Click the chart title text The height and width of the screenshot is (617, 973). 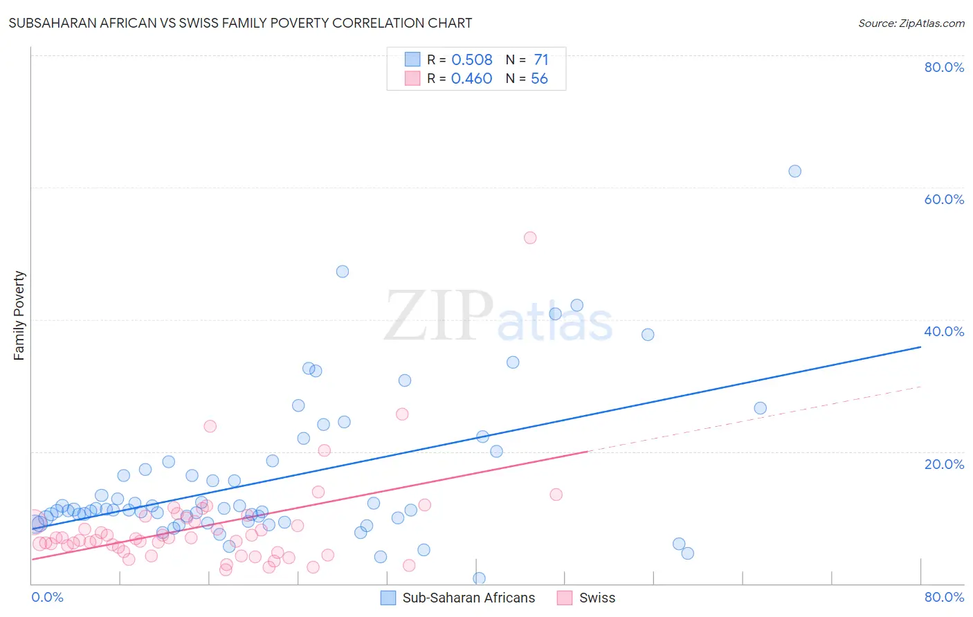240,23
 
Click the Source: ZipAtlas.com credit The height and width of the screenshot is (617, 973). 911,23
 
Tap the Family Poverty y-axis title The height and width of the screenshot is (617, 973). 19,315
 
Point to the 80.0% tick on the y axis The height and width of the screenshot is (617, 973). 944,67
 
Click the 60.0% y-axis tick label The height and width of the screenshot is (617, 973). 944,199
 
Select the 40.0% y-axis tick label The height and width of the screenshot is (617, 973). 944,331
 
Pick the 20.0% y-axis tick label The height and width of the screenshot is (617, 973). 944,464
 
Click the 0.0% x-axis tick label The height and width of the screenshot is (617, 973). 47,597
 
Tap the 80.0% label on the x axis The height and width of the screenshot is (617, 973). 944,597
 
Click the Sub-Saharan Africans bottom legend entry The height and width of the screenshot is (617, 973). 458,598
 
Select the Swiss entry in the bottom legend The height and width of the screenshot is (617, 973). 587,598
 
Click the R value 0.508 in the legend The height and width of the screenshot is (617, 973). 472,59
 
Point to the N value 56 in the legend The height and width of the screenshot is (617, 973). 539,79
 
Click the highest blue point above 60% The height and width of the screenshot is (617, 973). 794,171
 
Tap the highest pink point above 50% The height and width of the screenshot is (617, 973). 530,237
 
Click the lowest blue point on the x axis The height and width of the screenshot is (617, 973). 479,578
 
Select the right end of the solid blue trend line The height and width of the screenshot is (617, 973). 920,347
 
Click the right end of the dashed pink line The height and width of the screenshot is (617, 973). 920,386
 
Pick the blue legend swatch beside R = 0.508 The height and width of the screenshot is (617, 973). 412,59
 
